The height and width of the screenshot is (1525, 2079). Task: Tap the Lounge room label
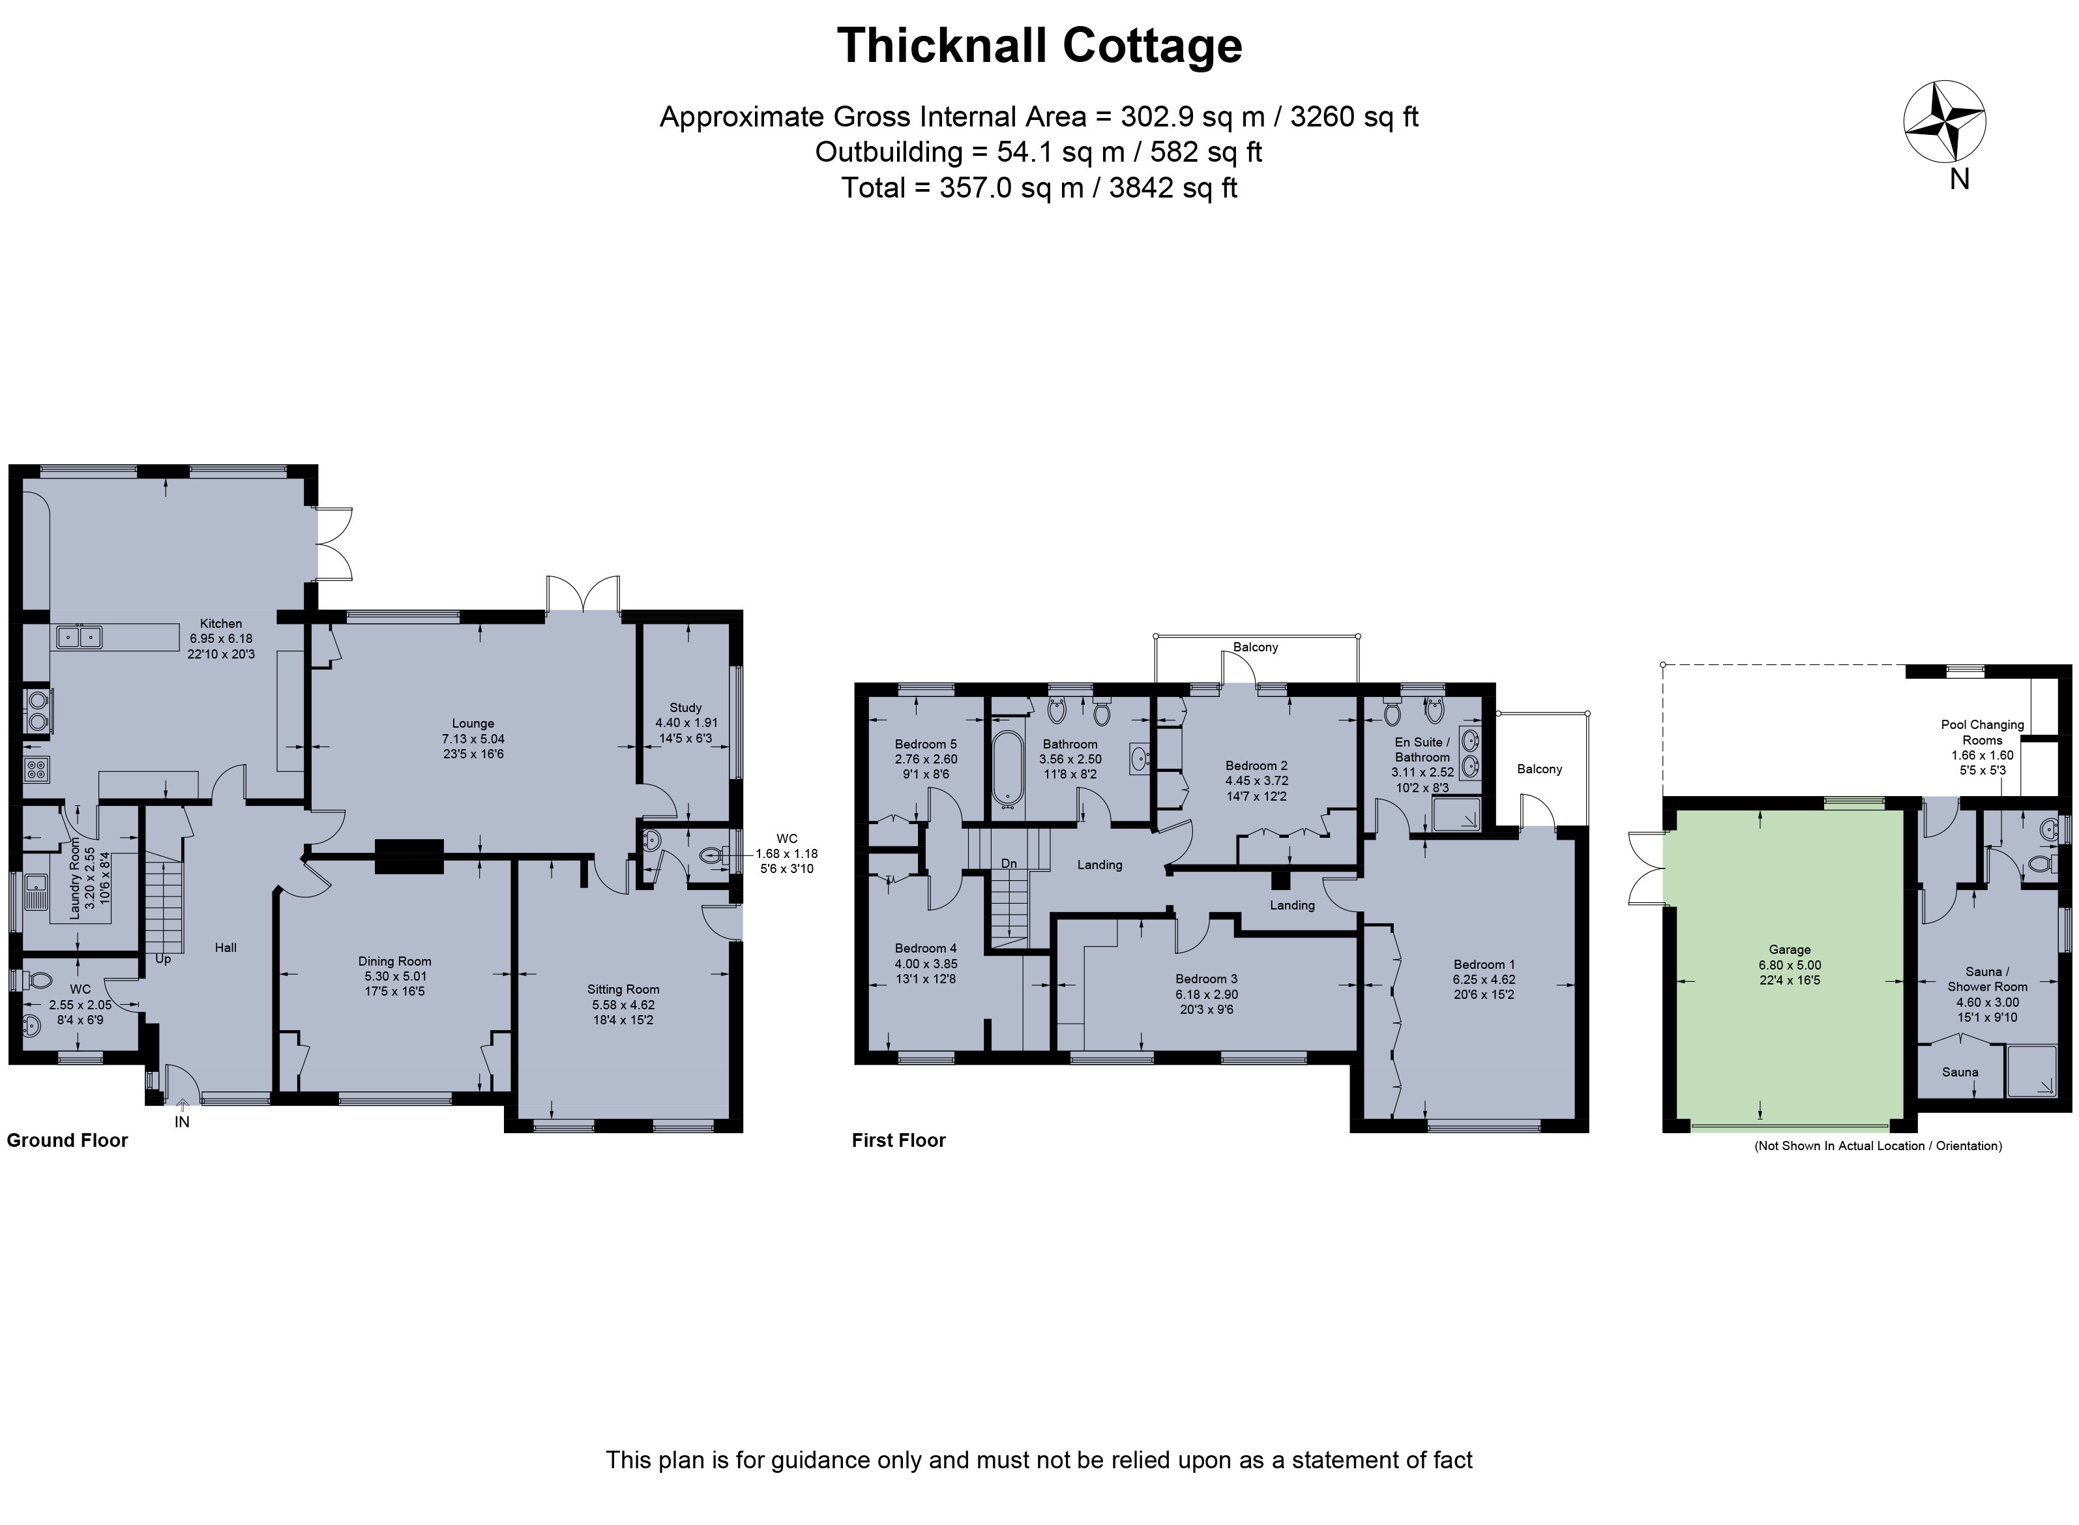pyautogui.click(x=473, y=724)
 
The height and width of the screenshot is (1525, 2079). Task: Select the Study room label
pyautogui.click(x=686, y=708)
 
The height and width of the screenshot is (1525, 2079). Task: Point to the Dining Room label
pyautogui.click(x=395, y=961)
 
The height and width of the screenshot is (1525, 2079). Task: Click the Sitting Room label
pyautogui.click(x=624, y=990)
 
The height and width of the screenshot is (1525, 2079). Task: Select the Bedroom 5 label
pyautogui.click(x=926, y=744)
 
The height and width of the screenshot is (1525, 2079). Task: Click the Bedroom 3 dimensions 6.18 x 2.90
pyautogui.click(x=1206, y=994)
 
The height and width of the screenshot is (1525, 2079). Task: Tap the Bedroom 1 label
pyautogui.click(x=1484, y=965)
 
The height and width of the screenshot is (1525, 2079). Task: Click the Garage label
pyautogui.click(x=1790, y=949)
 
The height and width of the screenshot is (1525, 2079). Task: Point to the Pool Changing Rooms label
pyautogui.click(x=1982, y=732)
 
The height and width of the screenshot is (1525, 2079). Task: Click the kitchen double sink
pyautogui.click(x=80, y=637)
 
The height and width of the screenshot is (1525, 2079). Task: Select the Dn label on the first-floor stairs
pyautogui.click(x=1009, y=863)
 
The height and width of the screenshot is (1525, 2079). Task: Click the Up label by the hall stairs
pyautogui.click(x=164, y=959)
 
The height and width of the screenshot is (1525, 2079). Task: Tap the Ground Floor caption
pyautogui.click(x=67, y=1140)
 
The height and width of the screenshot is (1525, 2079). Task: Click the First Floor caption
pyautogui.click(x=899, y=1140)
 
